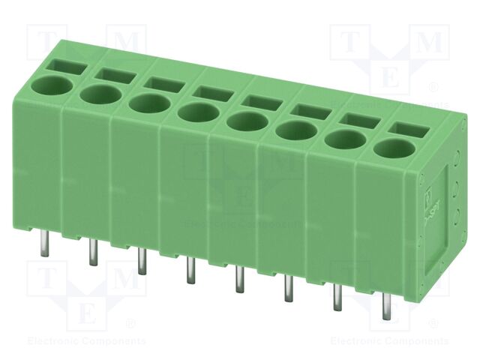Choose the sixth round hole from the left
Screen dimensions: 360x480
293,131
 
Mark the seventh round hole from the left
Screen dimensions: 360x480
343,139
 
